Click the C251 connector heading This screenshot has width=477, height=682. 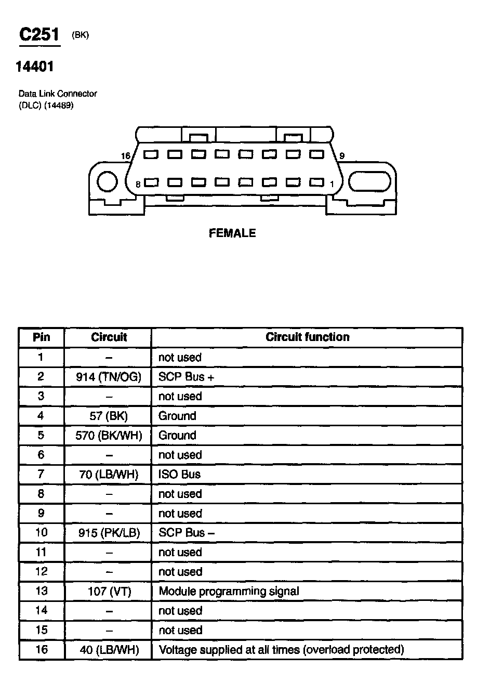pyautogui.click(x=39, y=35)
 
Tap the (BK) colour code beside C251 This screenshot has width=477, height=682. pyautogui.click(x=81, y=35)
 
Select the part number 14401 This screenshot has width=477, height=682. pyautogui.click(x=35, y=67)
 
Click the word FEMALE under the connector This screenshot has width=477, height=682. pyautogui.click(x=232, y=233)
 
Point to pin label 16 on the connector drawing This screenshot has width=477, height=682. pyautogui.click(x=125, y=156)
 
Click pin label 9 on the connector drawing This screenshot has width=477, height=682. pyautogui.click(x=341, y=156)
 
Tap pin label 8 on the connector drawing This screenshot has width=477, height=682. pyautogui.click(x=138, y=184)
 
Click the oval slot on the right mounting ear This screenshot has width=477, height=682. pyautogui.click(x=369, y=182)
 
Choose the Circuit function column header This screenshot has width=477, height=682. pyautogui.click(x=307, y=337)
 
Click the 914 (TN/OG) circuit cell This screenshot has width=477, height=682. pyautogui.click(x=108, y=377)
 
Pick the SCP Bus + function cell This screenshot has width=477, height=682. pyautogui.click(x=186, y=377)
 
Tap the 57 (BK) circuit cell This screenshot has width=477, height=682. pyautogui.click(x=108, y=416)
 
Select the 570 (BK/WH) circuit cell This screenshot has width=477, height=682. pyautogui.click(x=108, y=435)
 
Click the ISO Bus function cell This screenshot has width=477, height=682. pyautogui.click(x=179, y=474)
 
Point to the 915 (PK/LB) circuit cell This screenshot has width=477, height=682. pyautogui.click(x=108, y=533)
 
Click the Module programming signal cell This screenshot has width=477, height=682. pyautogui.click(x=229, y=591)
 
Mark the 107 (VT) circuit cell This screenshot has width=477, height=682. pyautogui.click(x=108, y=591)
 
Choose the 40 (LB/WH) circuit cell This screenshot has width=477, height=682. pyautogui.click(x=108, y=650)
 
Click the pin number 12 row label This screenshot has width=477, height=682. pyautogui.click(x=41, y=572)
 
